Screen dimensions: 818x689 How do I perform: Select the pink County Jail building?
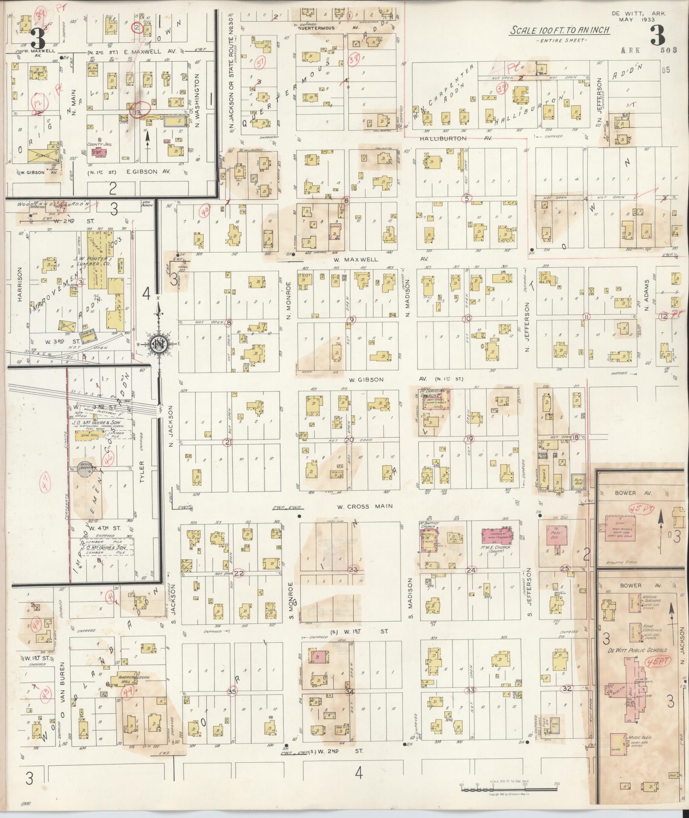(x=98, y=152)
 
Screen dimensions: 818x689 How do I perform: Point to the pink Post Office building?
(x=556, y=535)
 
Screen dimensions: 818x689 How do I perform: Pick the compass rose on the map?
(x=158, y=343)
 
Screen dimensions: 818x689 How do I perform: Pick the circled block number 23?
(x=353, y=570)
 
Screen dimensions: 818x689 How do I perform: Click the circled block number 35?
(x=232, y=691)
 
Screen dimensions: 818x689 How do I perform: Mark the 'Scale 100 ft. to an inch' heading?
(x=560, y=30)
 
